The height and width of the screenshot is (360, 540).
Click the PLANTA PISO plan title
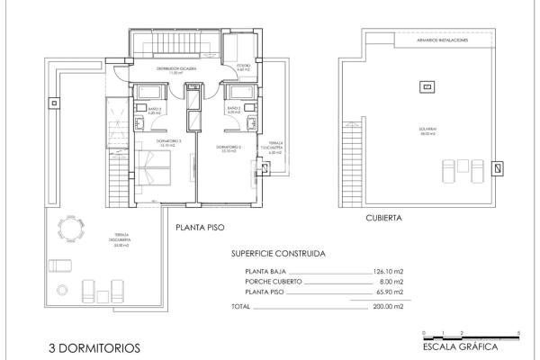click(x=200, y=229)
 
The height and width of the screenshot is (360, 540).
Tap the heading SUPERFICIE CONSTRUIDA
click(x=278, y=253)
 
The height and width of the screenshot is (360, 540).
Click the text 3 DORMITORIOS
click(x=94, y=346)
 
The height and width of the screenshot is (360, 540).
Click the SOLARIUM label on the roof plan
click(x=427, y=129)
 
